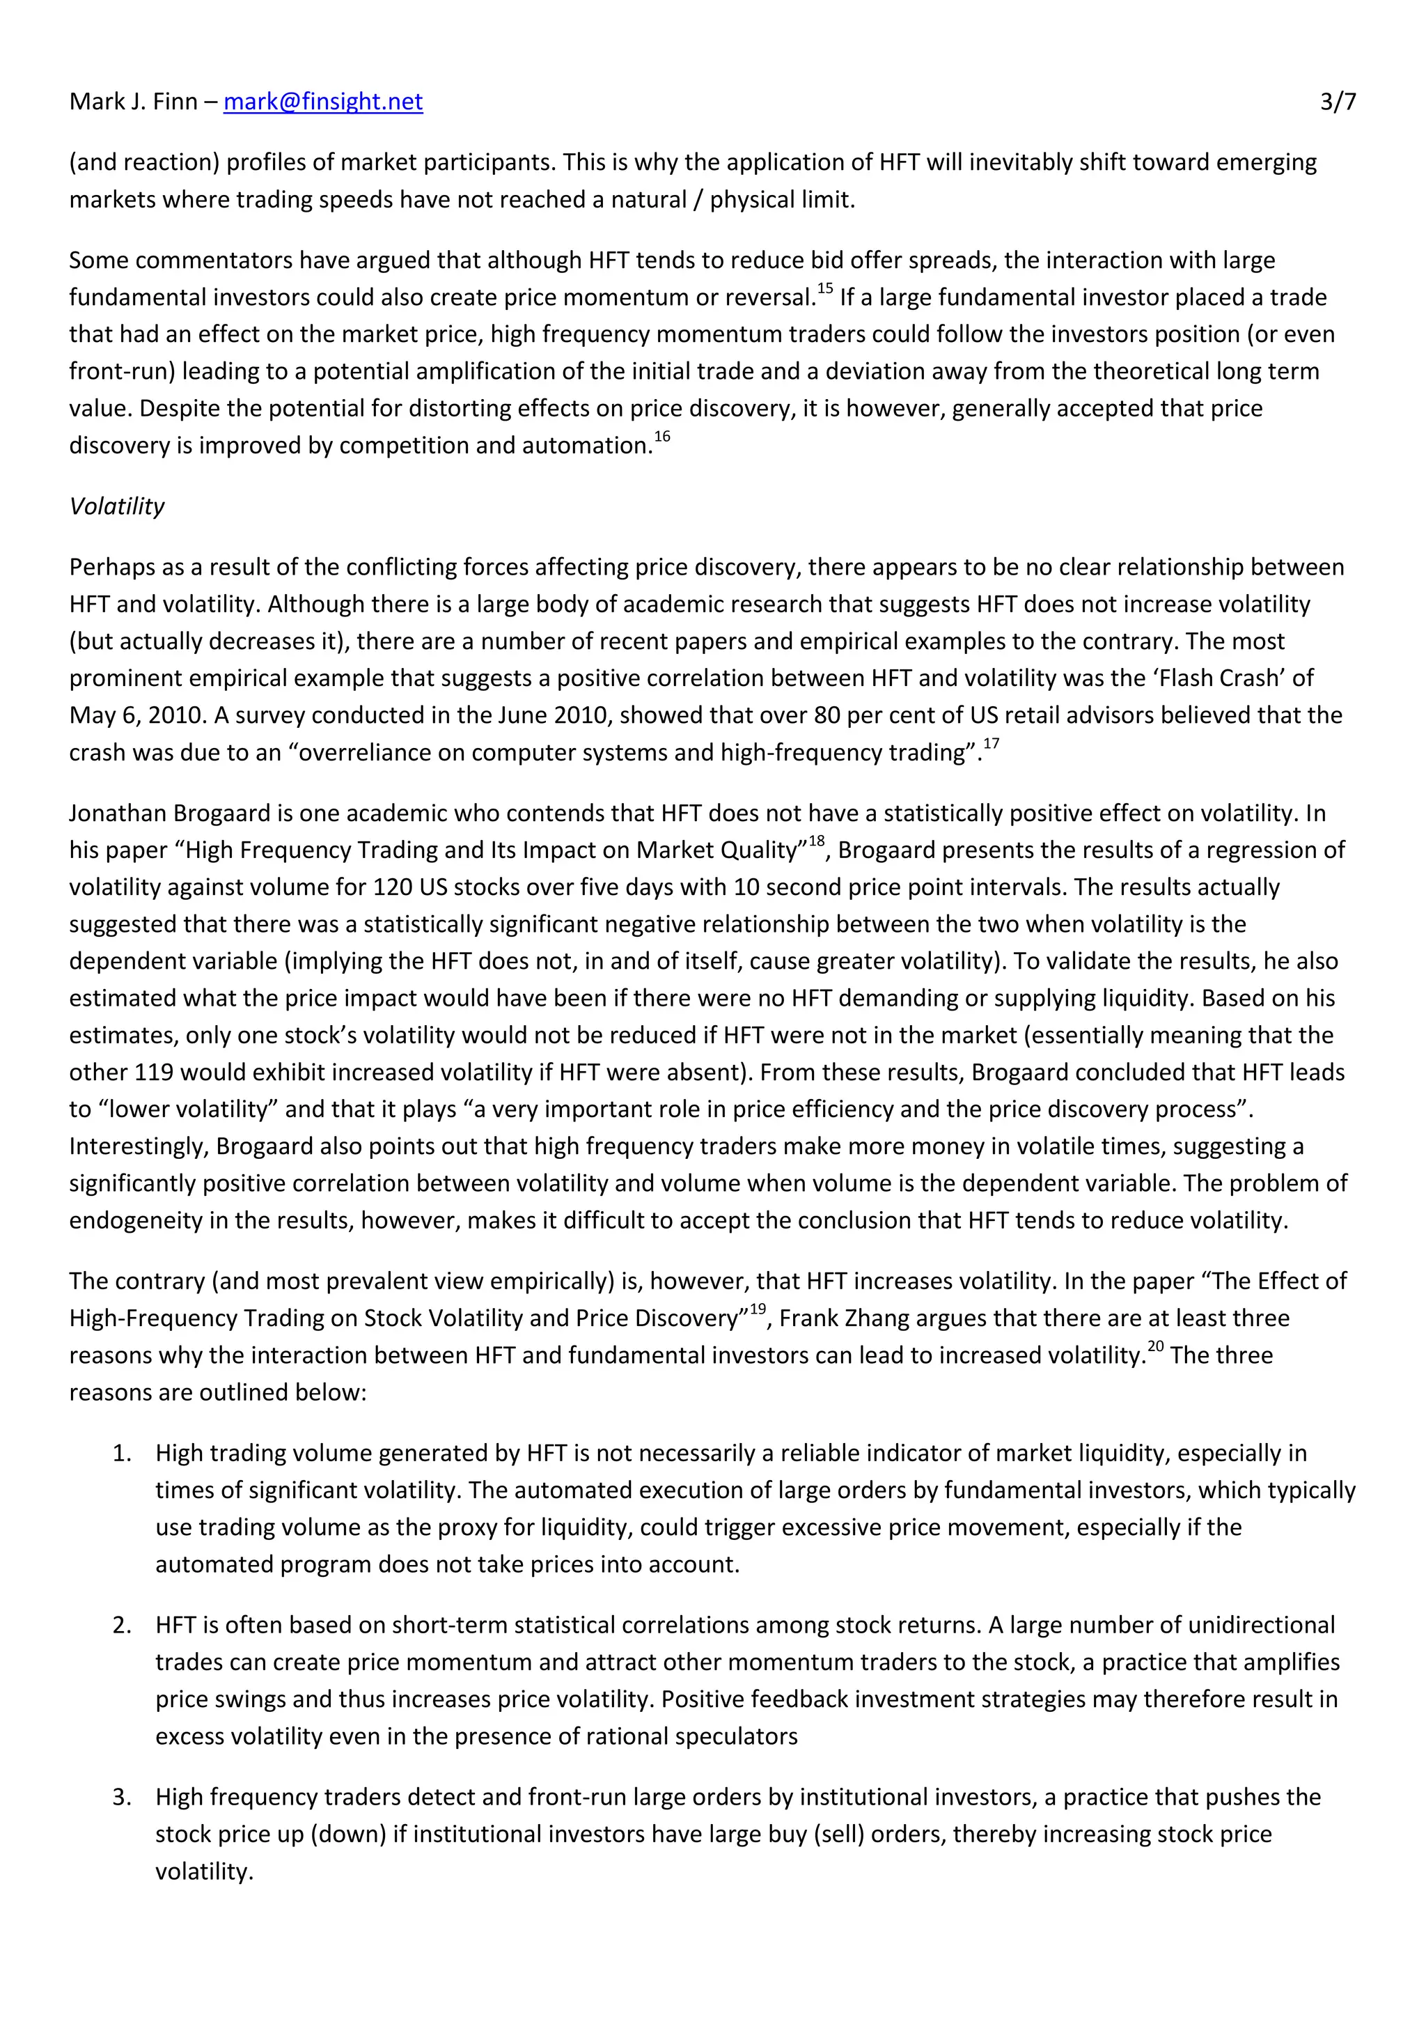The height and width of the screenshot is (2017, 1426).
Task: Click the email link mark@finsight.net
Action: pos(322,102)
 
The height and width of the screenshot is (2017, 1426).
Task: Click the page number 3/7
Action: pos(1338,102)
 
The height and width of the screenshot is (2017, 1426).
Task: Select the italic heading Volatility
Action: pos(117,506)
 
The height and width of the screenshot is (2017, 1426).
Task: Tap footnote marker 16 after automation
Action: pos(662,436)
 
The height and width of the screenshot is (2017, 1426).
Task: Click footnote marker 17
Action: pos(991,743)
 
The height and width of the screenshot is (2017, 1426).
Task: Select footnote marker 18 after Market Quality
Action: pos(817,841)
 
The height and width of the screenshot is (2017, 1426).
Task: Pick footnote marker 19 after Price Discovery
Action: pos(758,1309)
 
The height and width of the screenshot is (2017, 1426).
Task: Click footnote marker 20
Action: pos(1156,1346)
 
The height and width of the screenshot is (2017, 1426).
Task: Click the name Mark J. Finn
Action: pos(134,102)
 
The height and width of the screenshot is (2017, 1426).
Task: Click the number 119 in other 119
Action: pos(155,1073)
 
